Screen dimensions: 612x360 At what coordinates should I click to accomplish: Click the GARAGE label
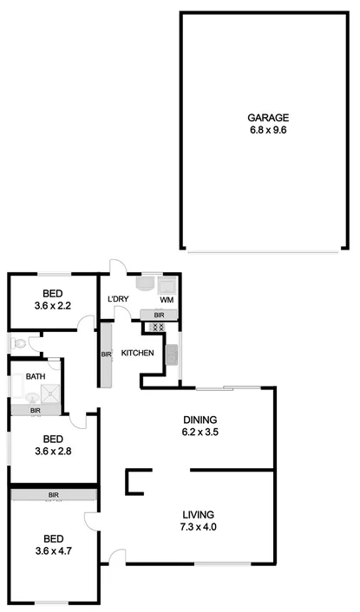pos(268,118)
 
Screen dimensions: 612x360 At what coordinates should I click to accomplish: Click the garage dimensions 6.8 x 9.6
pos(268,131)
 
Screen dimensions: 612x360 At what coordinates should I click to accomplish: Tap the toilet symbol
pos(19,343)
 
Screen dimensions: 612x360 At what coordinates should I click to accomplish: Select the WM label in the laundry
pos(167,300)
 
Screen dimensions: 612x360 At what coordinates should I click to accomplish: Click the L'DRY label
pos(119,300)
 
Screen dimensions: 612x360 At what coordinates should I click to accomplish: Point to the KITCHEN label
pos(138,353)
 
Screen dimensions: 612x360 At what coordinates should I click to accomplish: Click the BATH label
pos(36,376)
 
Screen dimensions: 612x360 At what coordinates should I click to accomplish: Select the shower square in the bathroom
pos(53,393)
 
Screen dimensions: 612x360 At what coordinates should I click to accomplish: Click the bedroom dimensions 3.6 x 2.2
pos(52,305)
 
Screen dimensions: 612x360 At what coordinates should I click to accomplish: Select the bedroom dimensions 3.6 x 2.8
pos(52,451)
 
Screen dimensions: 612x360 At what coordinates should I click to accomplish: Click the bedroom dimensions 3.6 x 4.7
pos(52,550)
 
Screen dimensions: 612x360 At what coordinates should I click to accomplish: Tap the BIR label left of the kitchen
pos(104,355)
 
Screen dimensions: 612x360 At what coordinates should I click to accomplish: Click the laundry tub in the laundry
pos(147,283)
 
